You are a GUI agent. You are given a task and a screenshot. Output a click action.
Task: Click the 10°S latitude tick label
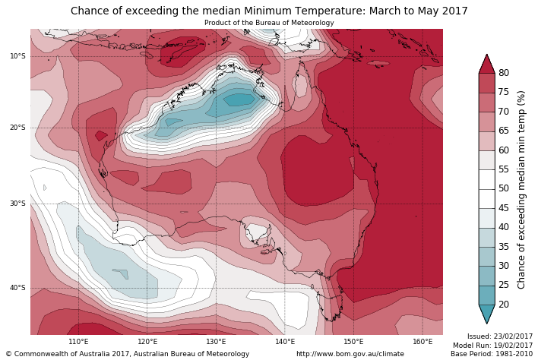pos(18,56)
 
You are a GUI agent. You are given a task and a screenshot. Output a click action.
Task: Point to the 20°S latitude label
pos(18,128)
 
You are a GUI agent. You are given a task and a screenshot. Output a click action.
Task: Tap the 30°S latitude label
pos(18,204)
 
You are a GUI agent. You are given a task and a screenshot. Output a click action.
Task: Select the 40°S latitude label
pos(18,288)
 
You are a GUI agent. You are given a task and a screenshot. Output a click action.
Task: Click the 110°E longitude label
pos(79,342)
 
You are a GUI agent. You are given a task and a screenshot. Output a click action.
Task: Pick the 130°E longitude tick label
pos(216,342)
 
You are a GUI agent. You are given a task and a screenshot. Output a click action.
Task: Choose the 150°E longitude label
pos(353,342)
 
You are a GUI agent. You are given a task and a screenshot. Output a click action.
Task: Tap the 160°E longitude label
pos(422,342)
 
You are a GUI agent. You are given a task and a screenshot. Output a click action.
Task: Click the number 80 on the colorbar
pos(504,73)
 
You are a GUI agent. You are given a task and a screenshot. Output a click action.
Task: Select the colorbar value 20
pos(504,305)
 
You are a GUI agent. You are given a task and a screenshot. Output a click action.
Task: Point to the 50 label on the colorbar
pos(504,188)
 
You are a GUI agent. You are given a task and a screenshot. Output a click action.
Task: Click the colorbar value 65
pos(504,131)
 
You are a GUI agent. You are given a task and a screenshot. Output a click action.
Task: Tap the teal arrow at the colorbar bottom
pos(486,314)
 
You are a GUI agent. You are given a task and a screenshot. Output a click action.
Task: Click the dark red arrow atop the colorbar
pos(486,64)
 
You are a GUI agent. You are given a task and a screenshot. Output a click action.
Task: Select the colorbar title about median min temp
pos(521,189)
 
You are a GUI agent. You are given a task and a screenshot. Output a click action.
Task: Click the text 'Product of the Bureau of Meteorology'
pos(269,23)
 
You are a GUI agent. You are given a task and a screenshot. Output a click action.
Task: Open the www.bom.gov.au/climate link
pos(350,354)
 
